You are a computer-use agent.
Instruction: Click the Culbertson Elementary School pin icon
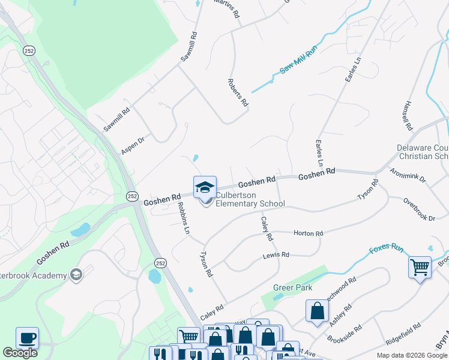coord(205,187)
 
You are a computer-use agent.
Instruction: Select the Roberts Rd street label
coord(238,92)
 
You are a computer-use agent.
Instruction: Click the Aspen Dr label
coord(133,146)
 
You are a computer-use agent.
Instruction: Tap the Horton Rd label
coord(308,233)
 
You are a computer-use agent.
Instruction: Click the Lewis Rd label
coord(276,255)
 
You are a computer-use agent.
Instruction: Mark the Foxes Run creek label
coord(386,248)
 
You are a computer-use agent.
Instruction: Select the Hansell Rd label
coord(407,116)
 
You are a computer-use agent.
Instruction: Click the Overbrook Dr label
coord(419,209)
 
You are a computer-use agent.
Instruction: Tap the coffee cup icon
coord(27,338)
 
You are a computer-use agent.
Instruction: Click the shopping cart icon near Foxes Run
coord(420,266)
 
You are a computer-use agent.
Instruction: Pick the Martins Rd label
coord(227,9)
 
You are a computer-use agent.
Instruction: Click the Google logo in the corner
coord(20,353)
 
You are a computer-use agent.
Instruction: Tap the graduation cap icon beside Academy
coord(76,275)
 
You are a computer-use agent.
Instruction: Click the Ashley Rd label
coord(340,314)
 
